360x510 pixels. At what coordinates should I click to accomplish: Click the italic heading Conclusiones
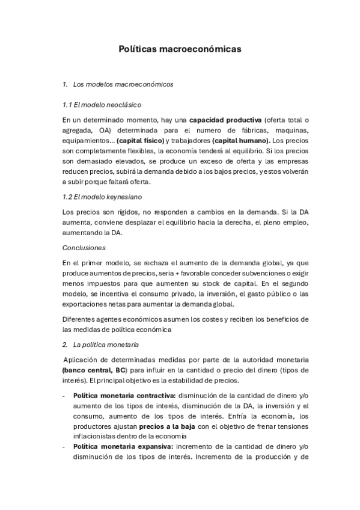pos(84,247)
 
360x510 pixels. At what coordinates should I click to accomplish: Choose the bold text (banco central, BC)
pos(97,371)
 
